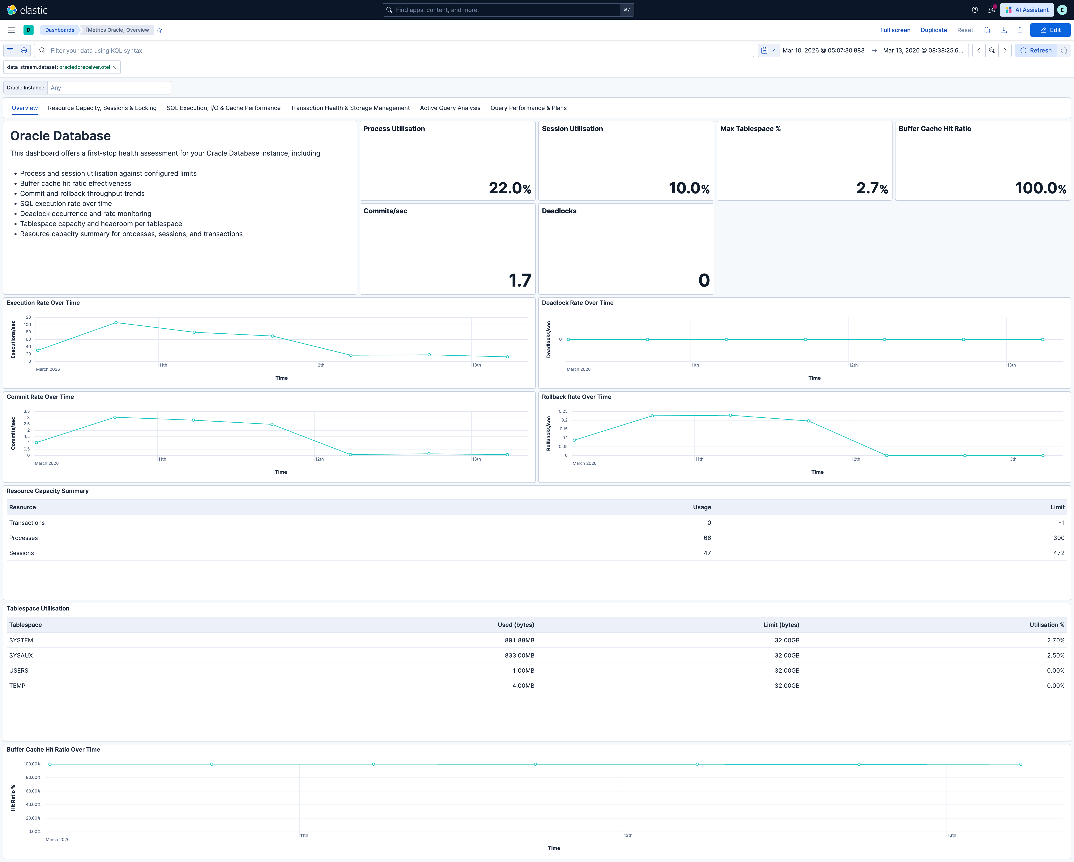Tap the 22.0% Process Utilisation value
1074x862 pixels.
point(509,188)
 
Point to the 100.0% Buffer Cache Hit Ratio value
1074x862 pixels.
point(1040,188)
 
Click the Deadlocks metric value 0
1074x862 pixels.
point(703,280)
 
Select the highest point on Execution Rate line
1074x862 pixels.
point(116,322)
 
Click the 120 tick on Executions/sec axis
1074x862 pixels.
point(27,317)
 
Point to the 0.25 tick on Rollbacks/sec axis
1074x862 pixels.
point(563,411)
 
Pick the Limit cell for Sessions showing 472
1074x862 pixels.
point(1058,553)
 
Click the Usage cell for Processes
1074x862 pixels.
point(707,538)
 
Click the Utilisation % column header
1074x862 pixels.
point(1047,625)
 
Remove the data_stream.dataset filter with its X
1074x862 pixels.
point(114,67)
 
